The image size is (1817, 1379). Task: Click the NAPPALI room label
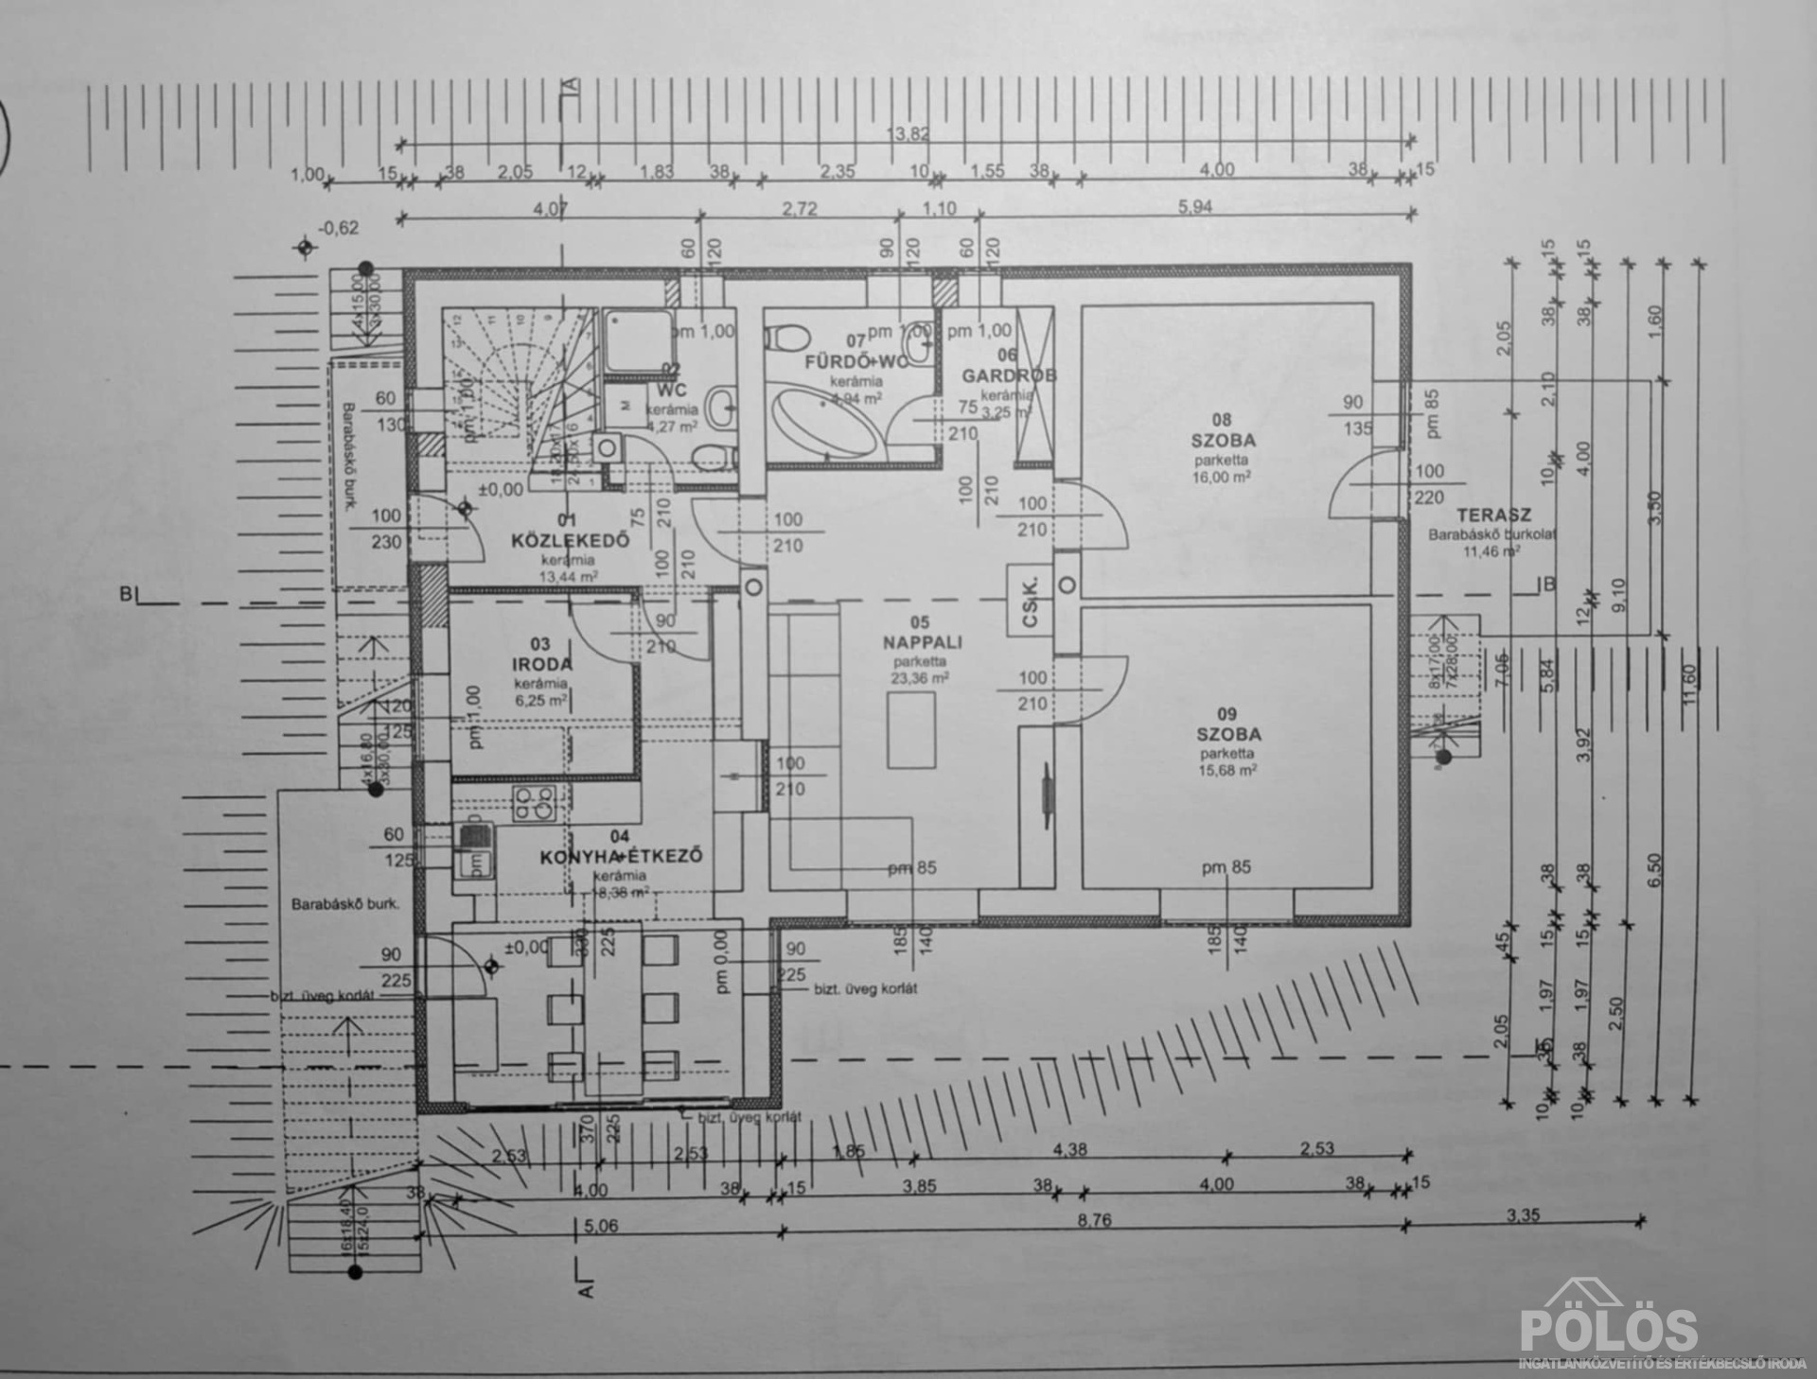[x=923, y=642]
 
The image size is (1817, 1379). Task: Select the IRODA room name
[x=539, y=664]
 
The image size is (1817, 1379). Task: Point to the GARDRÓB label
[x=1009, y=375]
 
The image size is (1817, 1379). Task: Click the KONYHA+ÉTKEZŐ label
[x=621, y=857]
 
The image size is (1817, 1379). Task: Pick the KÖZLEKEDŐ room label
[x=570, y=541]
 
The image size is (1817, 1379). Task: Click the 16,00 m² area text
[x=1222, y=478]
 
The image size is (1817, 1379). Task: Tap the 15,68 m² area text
[x=1227, y=771]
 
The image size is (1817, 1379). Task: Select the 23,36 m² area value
[x=919, y=678]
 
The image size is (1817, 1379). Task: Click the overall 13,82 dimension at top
[x=907, y=134]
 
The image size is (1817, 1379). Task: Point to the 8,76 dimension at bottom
[x=1094, y=1220]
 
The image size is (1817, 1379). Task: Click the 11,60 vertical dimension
[x=1691, y=681]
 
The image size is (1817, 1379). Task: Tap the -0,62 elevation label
[x=339, y=228]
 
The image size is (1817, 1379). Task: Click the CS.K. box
[x=1031, y=602]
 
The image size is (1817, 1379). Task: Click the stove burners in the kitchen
[x=530, y=802]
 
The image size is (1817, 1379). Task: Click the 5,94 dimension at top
[x=1195, y=207]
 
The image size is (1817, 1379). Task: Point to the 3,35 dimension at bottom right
[x=1523, y=1215]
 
